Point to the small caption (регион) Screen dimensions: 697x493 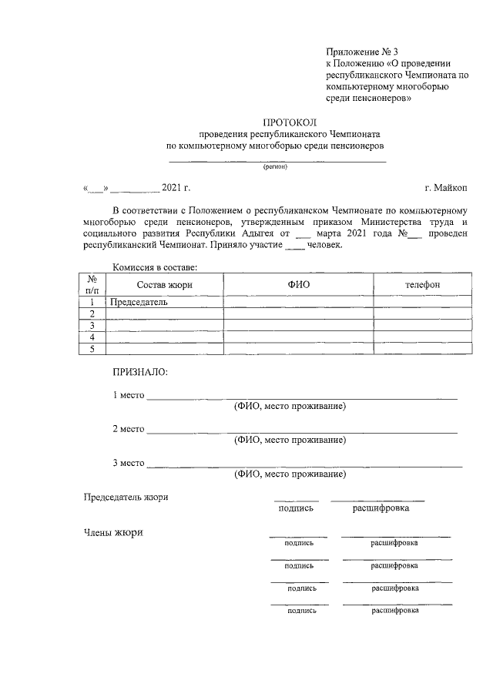[x=275, y=166]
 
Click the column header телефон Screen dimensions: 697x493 [x=423, y=285]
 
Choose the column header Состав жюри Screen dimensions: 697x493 [x=164, y=285]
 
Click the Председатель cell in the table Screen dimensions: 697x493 [x=139, y=302]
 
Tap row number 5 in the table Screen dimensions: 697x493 [x=92, y=350]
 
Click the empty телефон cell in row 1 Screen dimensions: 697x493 [x=423, y=302]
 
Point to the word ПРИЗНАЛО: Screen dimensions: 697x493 [x=139, y=372]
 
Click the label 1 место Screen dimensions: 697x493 [x=129, y=396]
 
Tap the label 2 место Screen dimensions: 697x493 [x=129, y=428]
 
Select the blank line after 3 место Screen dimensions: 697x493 [x=304, y=464]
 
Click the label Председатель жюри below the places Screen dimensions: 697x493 [x=126, y=497]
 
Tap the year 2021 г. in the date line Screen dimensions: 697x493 [x=176, y=187]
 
